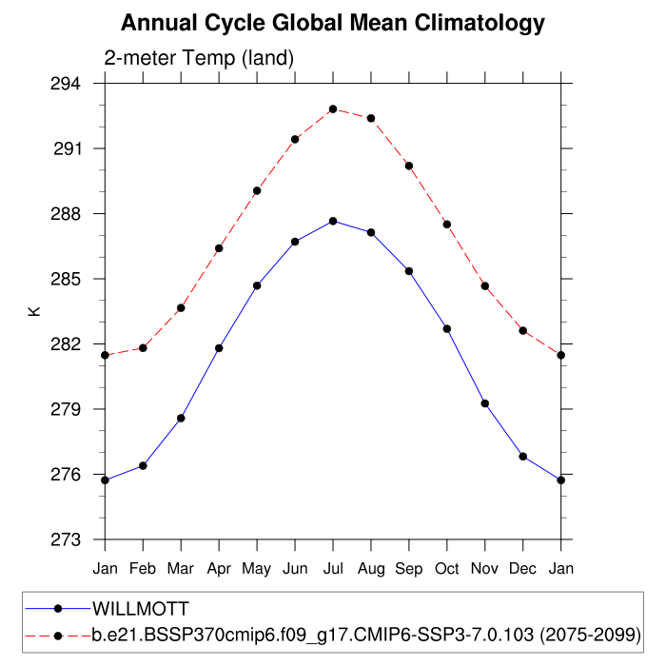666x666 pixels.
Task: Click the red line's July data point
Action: (333, 109)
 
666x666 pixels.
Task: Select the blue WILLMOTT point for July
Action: (333, 221)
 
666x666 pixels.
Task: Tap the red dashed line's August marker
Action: (371, 118)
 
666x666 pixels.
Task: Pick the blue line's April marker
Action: (219, 348)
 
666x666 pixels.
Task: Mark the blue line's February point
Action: (143, 465)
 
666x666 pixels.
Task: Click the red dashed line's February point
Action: (143, 348)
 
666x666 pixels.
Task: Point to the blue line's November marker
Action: (485, 403)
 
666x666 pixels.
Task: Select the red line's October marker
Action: (447, 224)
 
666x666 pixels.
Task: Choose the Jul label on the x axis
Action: (333, 568)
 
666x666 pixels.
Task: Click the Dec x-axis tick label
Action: (523, 568)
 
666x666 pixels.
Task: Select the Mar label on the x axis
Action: (181, 568)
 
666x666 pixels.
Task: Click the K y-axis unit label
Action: (34, 311)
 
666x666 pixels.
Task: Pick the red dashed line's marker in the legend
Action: (58, 634)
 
